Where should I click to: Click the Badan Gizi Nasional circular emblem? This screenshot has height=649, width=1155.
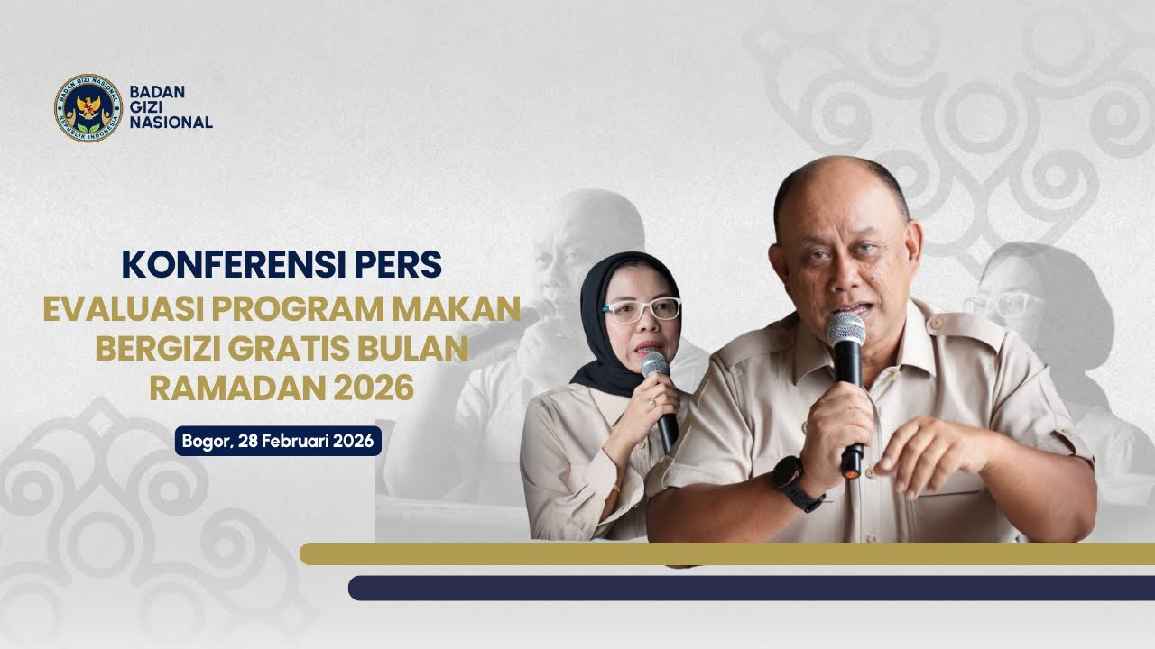(88, 108)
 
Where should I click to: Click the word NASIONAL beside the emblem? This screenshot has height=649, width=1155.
(171, 123)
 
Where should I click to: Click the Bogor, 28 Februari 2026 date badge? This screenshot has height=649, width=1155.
(278, 442)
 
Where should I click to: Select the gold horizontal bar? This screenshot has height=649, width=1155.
(726, 553)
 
